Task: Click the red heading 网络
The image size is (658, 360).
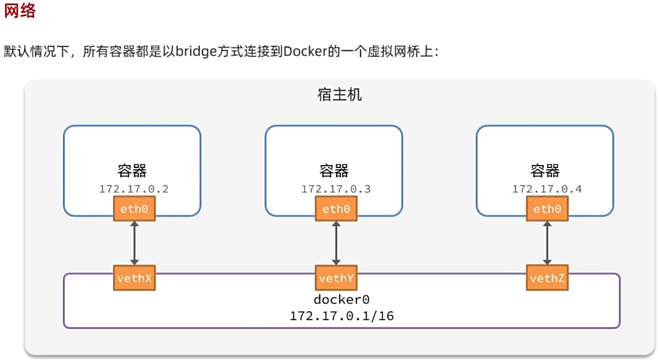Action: [x=20, y=10]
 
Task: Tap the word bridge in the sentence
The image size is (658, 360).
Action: [x=196, y=51]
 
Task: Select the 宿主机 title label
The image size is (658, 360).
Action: [x=340, y=94]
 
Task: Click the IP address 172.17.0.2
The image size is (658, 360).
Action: [x=134, y=189]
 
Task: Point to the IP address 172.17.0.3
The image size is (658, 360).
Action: [x=335, y=189]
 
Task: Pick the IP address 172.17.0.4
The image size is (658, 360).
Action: [x=547, y=189]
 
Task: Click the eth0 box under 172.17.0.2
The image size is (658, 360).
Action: [x=134, y=208]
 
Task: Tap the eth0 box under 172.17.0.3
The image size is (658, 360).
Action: [x=336, y=208]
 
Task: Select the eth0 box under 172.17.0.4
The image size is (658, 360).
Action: [x=547, y=208]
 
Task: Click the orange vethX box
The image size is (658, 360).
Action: [x=134, y=277]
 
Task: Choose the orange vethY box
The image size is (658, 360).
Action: [x=336, y=277]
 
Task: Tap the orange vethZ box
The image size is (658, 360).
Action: [x=547, y=277]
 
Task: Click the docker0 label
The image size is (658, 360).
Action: [x=342, y=299]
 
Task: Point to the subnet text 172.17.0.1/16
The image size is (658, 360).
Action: [x=342, y=315]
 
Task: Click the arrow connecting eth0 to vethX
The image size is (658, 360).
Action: [x=134, y=243]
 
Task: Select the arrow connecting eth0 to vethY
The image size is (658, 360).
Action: [x=336, y=243]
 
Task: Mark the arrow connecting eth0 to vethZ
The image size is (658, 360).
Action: [x=547, y=243]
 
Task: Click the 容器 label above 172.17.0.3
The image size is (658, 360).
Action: [x=334, y=171]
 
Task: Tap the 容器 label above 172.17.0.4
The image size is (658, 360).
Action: [x=545, y=171]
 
